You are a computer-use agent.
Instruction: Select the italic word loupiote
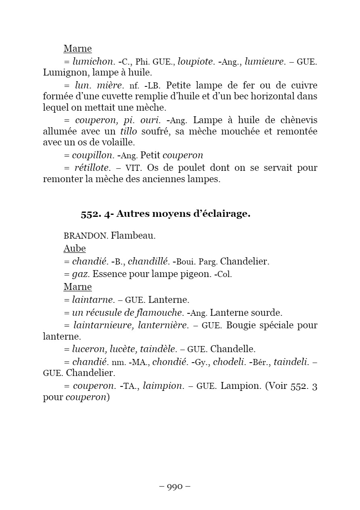tap(196, 62)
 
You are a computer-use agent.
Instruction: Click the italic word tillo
tap(129, 132)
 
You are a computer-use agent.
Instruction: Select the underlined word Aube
tap(75, 248)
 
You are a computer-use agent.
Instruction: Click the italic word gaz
tap(80, 275)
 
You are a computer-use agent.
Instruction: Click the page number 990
tap(175, 487)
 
